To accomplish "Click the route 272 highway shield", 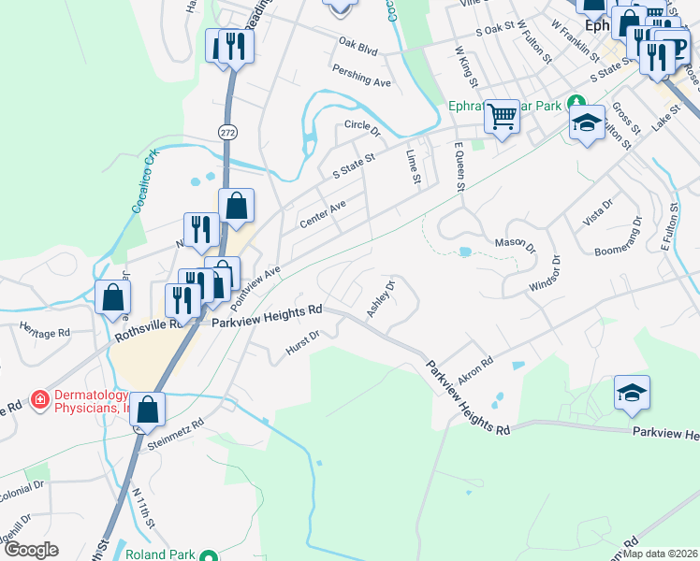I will point(228,133).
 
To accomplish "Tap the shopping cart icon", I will point(503,117).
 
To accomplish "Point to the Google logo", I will point(30,550).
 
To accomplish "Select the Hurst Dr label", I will point(303,343).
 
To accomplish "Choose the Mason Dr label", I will point(515,245).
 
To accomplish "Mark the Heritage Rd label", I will point(45,332).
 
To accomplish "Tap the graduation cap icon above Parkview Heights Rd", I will point(632,393).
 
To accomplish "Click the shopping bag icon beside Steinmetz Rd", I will point(148,409).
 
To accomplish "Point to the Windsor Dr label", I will point(544,273).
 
